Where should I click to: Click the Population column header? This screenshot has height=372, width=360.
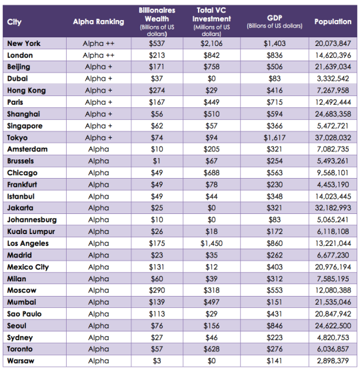click(x=333, y=21)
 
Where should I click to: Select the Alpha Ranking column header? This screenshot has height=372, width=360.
click(x=99, y=22)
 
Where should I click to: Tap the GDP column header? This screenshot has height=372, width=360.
click(x=275, y=21)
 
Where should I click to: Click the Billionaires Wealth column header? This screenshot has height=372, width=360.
click(x=157, y=21)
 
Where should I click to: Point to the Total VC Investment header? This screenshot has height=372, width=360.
click(x=211, y=21)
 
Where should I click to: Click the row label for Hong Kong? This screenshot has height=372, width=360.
click(x=27, y=91)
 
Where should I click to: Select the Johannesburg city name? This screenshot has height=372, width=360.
click(x=32, y=220)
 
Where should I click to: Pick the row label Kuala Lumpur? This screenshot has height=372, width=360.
click(x=31, y=231)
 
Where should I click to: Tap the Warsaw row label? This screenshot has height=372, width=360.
click(x=21, y=361)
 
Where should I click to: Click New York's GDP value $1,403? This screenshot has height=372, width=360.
click(x=275, y=43)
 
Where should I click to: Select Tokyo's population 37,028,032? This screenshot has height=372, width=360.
click(x=333, y=137)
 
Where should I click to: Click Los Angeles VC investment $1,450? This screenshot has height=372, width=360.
click(x=211, y=243)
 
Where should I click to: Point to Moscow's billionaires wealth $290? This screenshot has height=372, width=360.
click(x=157, y=291)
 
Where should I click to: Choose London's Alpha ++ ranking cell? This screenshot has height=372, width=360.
click(x=99, y=55)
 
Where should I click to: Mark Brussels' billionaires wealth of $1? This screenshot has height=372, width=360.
click(x=157, y=161)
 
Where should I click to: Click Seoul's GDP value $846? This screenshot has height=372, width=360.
click(x=275, y=326)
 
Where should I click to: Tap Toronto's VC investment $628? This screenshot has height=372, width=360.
click(x=211, y=349)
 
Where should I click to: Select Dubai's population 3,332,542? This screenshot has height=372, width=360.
click(x=333, y=79)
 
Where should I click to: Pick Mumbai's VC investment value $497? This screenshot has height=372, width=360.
click(x=211, y=302)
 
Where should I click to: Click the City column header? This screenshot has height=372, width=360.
click(x=14, y=22)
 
